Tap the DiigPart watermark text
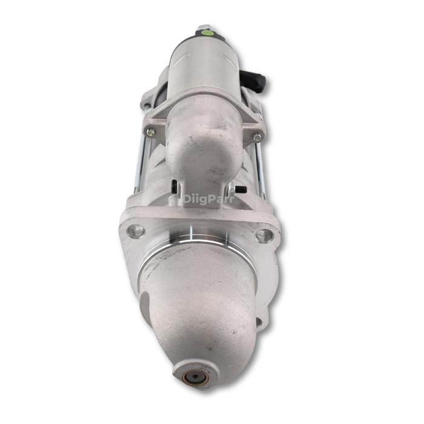click(x=208, y=198)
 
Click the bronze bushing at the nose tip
click(x=196, y=376)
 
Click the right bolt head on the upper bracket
click(x=257, y=137)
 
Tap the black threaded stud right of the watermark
click(x=240, y=190)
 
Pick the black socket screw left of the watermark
click(x=174, y=186)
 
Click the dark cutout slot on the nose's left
click(x=145, y=306)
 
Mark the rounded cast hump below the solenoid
click(x=200, y=145)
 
